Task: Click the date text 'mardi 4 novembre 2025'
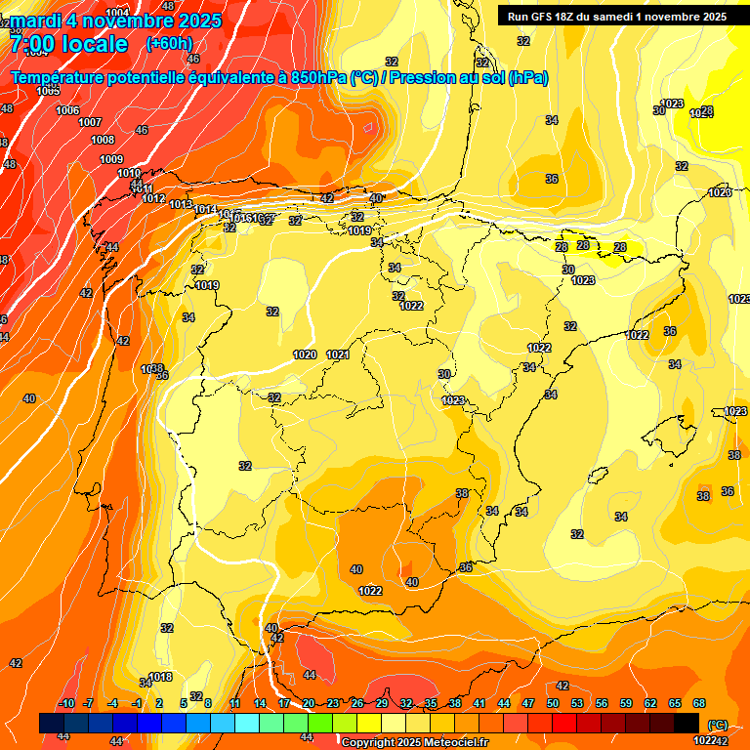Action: (115, 21)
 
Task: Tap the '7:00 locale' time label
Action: (68, 44)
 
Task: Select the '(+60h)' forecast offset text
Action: (170, 44)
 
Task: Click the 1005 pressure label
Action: (48, 91)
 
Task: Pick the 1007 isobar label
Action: (90, 122)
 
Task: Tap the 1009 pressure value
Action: (111, 159)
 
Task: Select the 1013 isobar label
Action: (181, 204)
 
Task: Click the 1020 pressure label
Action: (305, 354)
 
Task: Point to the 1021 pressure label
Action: (338, 354)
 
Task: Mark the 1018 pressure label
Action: (161, 677)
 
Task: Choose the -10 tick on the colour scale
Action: (66, 703)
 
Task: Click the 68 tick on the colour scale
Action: (699, 703)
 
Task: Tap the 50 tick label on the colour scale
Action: (553, 703)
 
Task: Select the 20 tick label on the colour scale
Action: (309, 703)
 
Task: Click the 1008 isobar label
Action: (103, 141)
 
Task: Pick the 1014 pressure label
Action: (204, 210)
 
